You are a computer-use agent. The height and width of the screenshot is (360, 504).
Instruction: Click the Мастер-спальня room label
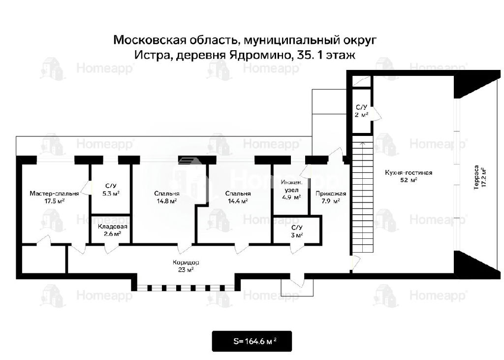[x=54, y=194]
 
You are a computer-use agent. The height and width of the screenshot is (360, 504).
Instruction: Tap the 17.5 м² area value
[x=54, y=201]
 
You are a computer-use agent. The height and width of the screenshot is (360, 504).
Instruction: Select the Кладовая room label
[x=113, y=227]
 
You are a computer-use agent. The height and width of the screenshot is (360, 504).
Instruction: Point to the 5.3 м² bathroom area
[x=111, y=194]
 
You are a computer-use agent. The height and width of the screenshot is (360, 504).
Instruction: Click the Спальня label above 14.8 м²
[x=167, y=194]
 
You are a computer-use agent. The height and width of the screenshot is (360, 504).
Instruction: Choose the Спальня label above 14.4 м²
[x=238, y=194]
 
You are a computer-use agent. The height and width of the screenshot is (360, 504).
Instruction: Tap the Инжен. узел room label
[x=291, y=186]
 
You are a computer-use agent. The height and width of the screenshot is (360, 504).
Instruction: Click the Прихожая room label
[x=331, y=194]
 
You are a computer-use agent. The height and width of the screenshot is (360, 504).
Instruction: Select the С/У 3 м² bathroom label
[x=297, y=231]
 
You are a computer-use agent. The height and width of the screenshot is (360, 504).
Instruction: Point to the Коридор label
[x=186, y=262]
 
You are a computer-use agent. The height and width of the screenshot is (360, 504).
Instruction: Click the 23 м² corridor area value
[x=186, y=270]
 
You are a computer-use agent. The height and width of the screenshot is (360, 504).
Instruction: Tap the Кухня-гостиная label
[x=409, y=173]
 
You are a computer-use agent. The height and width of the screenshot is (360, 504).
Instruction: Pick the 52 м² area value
[x=409, y=180]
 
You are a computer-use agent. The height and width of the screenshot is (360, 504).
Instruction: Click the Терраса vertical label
[x=476, y=178]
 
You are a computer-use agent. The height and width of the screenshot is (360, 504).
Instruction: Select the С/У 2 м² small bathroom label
[x=362, y=111]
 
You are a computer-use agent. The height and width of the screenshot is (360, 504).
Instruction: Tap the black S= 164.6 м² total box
[x=252, y=341]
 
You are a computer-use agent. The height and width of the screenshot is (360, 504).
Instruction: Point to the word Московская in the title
[x=150, y=40]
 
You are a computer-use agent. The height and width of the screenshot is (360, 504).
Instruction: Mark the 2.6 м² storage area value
[x=113, y=234]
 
